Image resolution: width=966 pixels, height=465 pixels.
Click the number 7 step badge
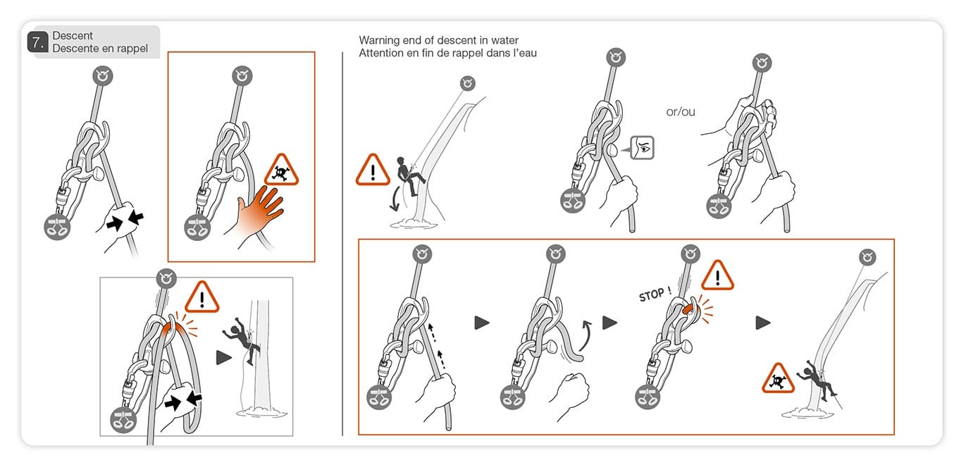point(37,42)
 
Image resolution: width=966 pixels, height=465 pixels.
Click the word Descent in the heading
point(73,35)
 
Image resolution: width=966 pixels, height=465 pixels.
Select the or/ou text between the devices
point(681,111)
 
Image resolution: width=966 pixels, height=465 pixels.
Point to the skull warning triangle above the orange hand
point(282,171)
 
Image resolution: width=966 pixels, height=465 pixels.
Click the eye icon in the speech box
point(642,148)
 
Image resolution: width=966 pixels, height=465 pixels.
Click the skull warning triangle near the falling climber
point(778,379)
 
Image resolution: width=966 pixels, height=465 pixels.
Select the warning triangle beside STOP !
point(717,275)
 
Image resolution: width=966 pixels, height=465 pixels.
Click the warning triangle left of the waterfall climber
point(373,170)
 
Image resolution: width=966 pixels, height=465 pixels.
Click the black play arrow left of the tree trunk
point(223,358)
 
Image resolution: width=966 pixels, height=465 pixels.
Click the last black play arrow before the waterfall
point(763,323)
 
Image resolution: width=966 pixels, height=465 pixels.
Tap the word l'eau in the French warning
point(521,54)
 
